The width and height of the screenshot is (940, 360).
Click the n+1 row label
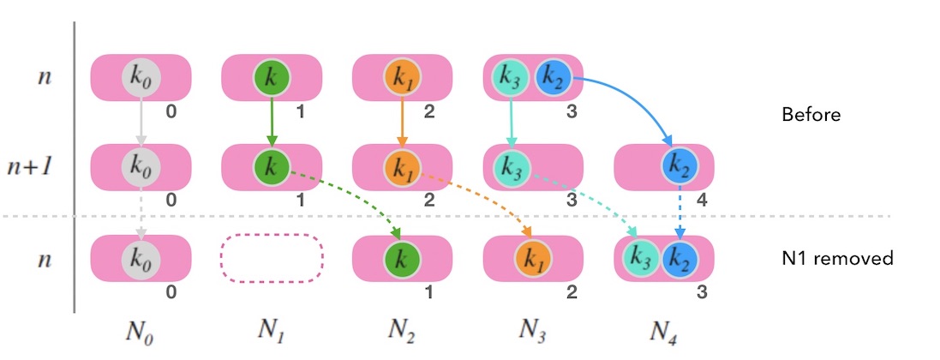tap(39, 167)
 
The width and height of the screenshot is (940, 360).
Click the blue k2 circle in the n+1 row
tap(680, 167)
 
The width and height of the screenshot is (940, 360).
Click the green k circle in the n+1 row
tap(272, 167)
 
